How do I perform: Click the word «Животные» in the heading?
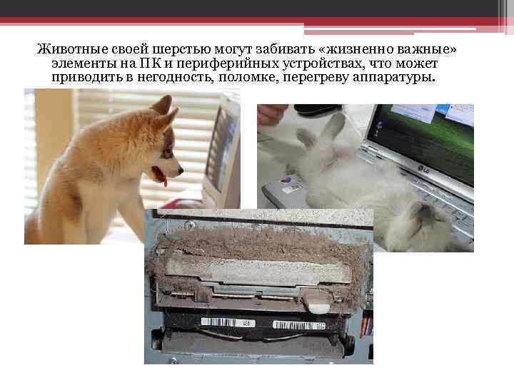72,49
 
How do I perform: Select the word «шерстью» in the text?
181,49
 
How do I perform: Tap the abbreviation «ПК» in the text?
151,63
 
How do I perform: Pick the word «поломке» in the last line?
248,77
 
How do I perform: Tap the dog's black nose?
181,171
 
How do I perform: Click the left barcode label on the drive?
228,322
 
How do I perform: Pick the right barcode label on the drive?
299,325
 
